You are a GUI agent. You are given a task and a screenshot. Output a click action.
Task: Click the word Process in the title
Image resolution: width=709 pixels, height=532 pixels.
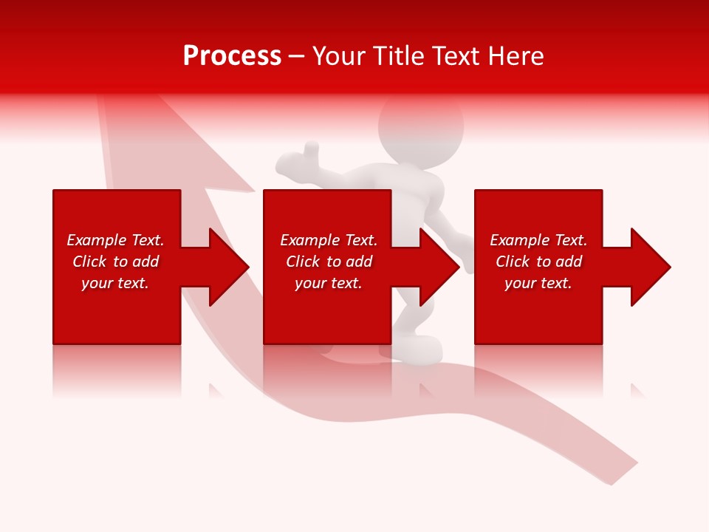point(232,56)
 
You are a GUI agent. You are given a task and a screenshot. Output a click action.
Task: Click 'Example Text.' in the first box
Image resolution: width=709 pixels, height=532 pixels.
point(115,240)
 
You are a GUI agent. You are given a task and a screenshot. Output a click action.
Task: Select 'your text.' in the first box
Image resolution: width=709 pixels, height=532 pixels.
point(115,283)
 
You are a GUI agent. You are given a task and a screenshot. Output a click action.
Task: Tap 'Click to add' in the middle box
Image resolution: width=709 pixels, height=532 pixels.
point(329,262)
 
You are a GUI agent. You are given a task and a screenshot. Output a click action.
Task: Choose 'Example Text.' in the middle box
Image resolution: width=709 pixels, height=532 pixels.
point(329,240)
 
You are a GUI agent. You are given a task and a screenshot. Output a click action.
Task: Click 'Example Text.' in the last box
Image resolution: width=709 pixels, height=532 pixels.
point(538,240)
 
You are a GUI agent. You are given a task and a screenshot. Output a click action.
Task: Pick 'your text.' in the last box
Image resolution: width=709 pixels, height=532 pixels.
point(538,283)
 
